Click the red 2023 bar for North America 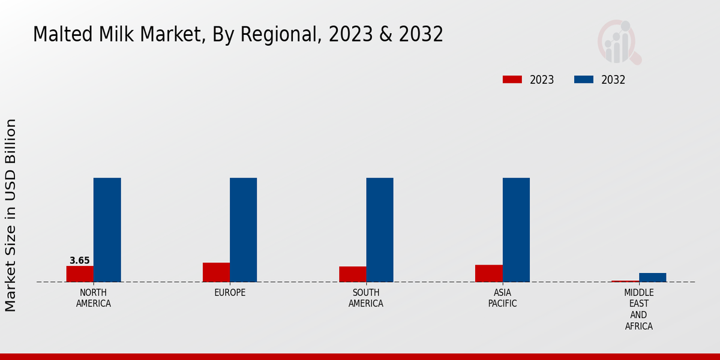tap(80, 274)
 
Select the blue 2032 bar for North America tap(107, 230)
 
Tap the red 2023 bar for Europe tap(216, 272)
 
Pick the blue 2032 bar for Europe tap(243, 230)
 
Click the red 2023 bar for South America tap(352, 274)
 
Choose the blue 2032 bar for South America tap(380, 230)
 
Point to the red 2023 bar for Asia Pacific tap(488, 273)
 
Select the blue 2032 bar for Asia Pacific tap(516, 230)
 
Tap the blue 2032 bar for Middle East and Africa tap(652, 277)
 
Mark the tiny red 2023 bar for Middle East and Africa tap(625, 281)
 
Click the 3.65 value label tap(80, 260)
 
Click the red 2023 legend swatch tap(512, 80)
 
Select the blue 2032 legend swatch tap(584, 80)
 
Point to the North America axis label tap(93, 298)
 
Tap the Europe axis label tap(230, 293)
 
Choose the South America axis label tap(366, 298)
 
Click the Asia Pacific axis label tap(502, 298)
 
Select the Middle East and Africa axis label tap(638, 310)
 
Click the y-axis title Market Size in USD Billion tap(11, 215)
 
